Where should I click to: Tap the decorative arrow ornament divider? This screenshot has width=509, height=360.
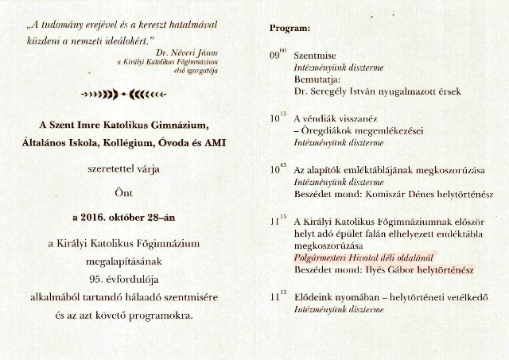[127, 94]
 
